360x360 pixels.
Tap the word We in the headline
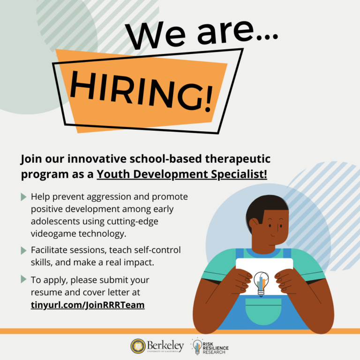point(155,35)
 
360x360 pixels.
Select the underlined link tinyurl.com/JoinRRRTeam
point(88,305)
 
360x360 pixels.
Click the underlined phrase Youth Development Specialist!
point(182,174)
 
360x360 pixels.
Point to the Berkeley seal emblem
point(138,346)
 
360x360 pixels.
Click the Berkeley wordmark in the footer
point(165,345)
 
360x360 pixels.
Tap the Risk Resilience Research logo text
point(215,348)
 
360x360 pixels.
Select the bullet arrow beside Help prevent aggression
point(23,197)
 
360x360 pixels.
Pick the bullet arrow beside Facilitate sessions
point(23,250)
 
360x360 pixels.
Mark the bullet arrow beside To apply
point(23,279)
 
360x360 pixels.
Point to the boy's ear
point(254,224)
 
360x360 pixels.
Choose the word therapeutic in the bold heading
point(238,159)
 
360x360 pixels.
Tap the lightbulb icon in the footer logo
point(197,347)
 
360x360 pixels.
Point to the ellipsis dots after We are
point(267,37)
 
